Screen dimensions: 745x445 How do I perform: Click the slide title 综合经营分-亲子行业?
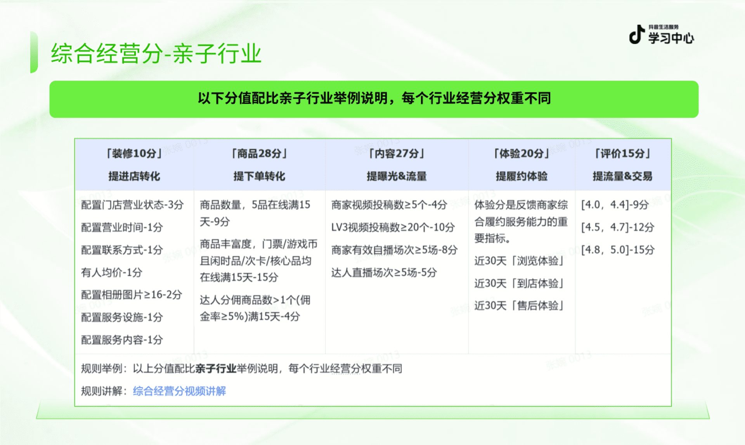point(156,53)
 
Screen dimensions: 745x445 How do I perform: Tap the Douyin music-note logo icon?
point(636,34)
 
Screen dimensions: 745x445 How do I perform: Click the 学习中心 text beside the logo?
point(671,38)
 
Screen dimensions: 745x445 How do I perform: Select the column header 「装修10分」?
point(134,154)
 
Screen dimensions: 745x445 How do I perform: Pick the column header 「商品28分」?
point(259,154)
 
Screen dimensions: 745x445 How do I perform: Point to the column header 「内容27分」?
point(397,154)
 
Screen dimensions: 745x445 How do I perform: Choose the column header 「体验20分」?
point(521,154)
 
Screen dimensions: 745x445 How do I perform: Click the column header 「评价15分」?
point(622,154)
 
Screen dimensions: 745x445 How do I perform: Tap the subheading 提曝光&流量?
point(397,176)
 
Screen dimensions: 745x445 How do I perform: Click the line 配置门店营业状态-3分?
point(132,205)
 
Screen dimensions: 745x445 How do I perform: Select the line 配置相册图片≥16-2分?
point(131,295)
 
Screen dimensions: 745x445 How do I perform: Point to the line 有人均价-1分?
point(111,272)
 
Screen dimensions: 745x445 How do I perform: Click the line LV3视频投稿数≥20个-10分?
point(393,227)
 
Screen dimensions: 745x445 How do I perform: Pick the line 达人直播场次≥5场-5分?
point(384,272)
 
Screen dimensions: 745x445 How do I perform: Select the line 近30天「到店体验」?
point(519,283)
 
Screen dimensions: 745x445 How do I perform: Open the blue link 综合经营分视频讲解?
point(179,391)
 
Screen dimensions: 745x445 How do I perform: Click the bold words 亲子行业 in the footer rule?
point(216,368)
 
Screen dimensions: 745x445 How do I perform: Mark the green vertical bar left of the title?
point(34,52)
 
